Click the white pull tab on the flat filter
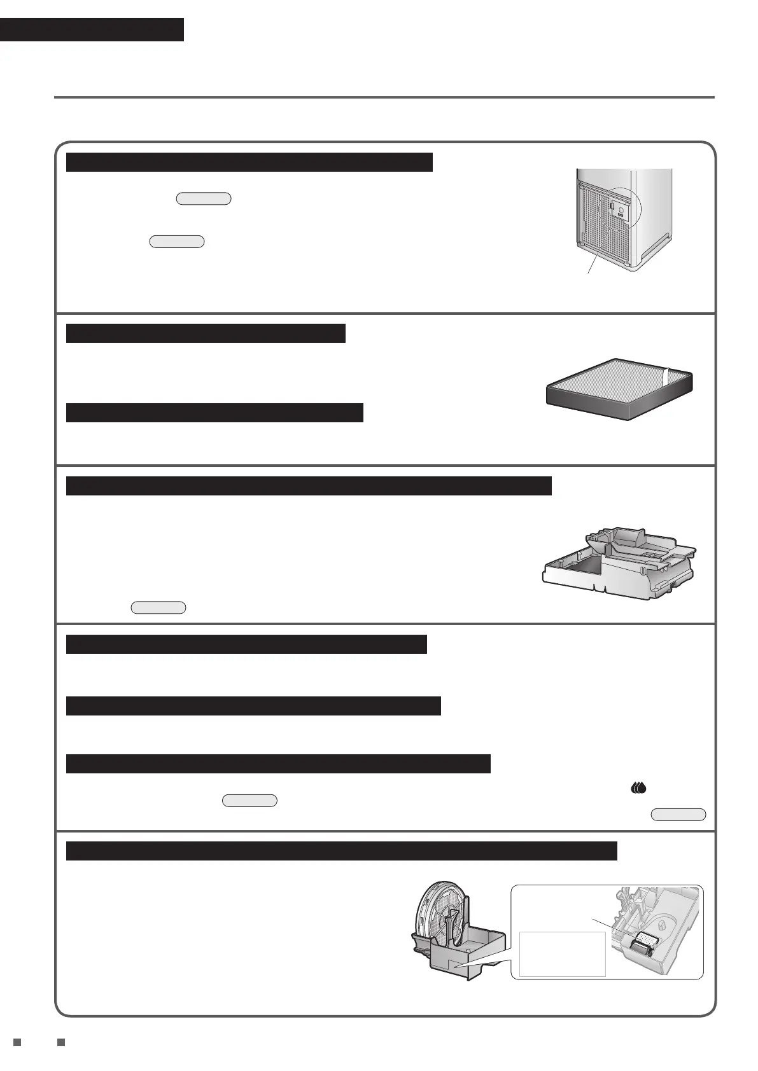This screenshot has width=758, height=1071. [x=666, y=376]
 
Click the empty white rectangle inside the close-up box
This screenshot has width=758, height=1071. [x=562, y=954]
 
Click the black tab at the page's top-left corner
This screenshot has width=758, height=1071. [x=92, y=29]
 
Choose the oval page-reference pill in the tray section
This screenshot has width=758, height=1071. [x=158, y=607]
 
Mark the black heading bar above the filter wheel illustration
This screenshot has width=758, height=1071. [x=341, y=851]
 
